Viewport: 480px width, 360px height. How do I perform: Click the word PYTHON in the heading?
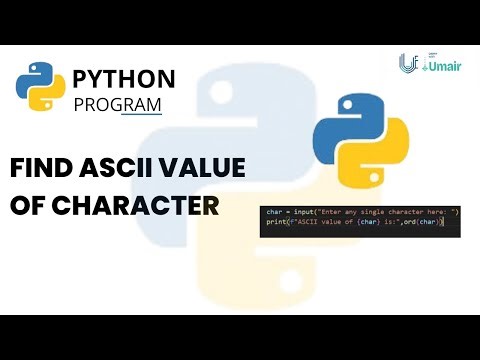click(124, 79)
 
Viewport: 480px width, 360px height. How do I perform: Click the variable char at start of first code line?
click(273, 211)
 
